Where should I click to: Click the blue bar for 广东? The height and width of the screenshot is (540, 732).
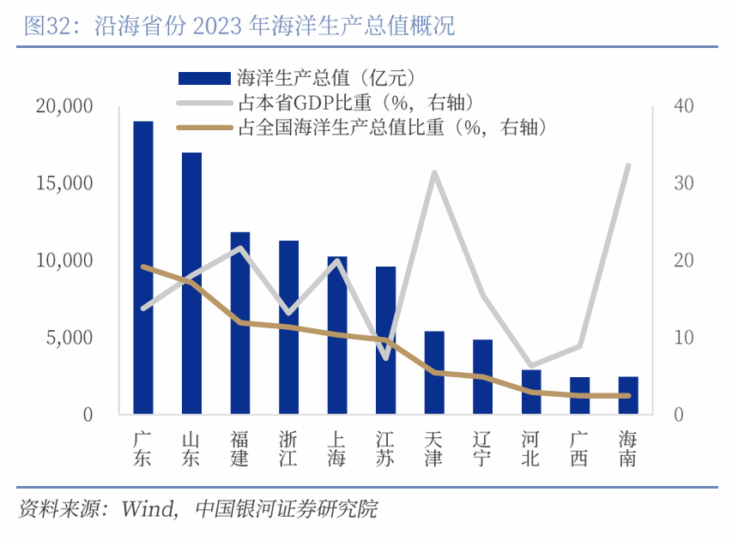143,267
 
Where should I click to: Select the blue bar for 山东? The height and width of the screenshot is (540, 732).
191,283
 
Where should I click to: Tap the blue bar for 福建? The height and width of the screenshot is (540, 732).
240,323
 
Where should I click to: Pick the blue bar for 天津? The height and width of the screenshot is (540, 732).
434,373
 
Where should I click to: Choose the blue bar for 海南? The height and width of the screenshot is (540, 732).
628,395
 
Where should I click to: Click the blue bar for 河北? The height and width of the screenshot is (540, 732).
531,392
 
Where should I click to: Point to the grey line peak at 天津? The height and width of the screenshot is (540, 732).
435,173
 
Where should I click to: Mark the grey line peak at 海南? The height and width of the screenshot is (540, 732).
628,165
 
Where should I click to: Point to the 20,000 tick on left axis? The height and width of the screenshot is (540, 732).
64,106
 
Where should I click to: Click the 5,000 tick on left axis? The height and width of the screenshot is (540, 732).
69,338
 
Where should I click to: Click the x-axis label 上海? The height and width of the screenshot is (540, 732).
337,448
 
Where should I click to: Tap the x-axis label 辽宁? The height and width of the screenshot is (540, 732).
482,448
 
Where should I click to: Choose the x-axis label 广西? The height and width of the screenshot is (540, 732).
579,448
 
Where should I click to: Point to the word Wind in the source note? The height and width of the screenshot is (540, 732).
148,509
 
